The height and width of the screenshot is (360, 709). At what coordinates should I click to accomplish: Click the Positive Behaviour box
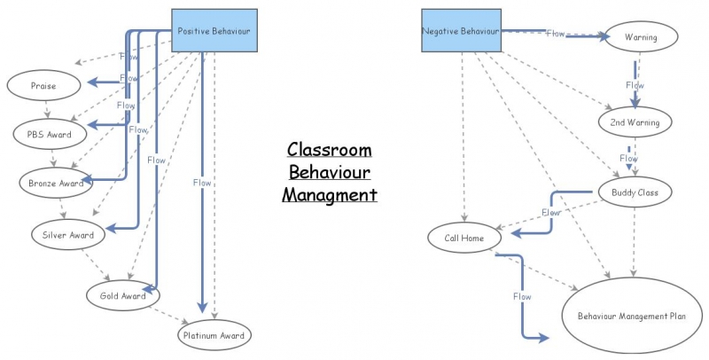214,31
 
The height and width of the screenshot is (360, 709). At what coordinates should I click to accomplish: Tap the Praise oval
43,85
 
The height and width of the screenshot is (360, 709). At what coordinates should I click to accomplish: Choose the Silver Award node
68,235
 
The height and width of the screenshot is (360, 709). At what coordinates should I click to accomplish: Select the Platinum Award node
213,336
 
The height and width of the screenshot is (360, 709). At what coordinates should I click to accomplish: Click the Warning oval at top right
640,38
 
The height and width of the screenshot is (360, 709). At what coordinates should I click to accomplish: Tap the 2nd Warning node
635,121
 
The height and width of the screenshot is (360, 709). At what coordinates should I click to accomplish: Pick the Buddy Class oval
635,191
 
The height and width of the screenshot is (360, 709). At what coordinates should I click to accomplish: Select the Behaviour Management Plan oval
633,316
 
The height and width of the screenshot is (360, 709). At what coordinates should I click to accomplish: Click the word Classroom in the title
328,150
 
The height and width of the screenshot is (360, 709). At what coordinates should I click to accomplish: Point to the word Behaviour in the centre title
329,171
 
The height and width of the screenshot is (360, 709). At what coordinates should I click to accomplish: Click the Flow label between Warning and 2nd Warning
634,85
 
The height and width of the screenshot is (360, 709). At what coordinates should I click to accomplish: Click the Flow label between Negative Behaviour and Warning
555,34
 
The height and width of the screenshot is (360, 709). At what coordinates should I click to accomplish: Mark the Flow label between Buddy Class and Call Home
550,213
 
